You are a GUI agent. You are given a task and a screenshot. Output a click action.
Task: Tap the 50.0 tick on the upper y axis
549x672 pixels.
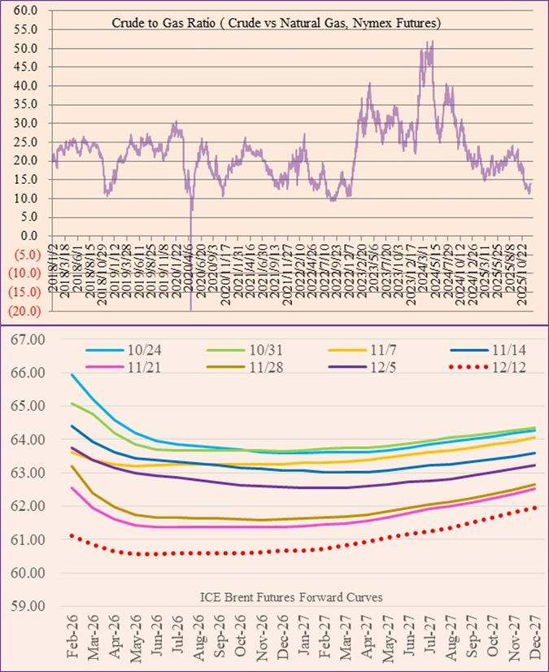click(27, 48)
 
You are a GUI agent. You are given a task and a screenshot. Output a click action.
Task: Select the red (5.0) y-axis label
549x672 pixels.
click(25, 254)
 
